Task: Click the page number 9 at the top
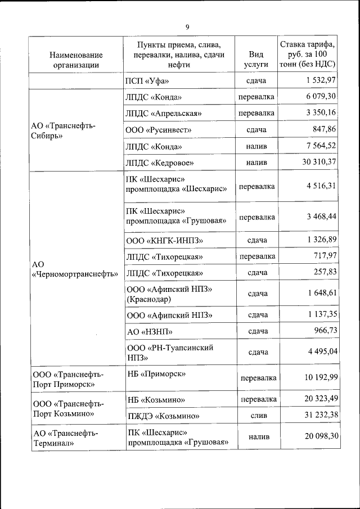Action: pos(187,26)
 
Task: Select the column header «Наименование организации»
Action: pos(76,59)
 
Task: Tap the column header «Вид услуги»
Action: pos(256,59)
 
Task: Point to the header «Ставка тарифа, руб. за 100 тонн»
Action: pos(308,54)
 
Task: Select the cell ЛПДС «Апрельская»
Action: pos(164,113)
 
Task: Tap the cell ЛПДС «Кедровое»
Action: pos(160,163)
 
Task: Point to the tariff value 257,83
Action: pos(325,272)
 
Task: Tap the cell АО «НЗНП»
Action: pos(150,331)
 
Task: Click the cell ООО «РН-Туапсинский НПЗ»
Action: pos(170,352)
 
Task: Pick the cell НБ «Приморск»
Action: pos(156,373)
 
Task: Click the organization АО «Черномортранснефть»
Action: pos(75,269)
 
